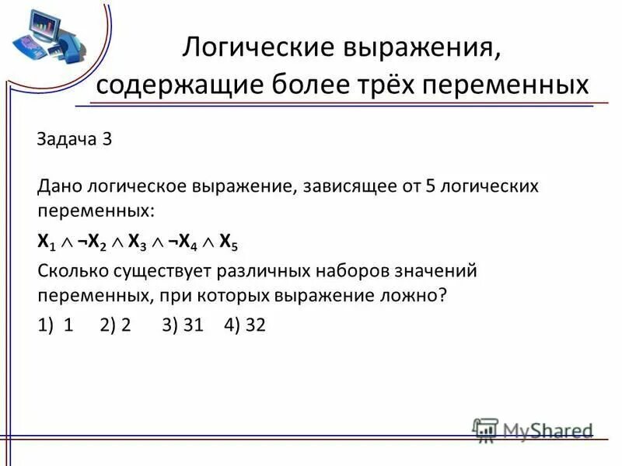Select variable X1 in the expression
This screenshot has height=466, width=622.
46,242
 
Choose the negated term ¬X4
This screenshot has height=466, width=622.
184,242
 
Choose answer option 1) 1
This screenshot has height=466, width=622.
55,325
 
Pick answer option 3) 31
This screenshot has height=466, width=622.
183,325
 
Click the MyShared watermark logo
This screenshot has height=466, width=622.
533,429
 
